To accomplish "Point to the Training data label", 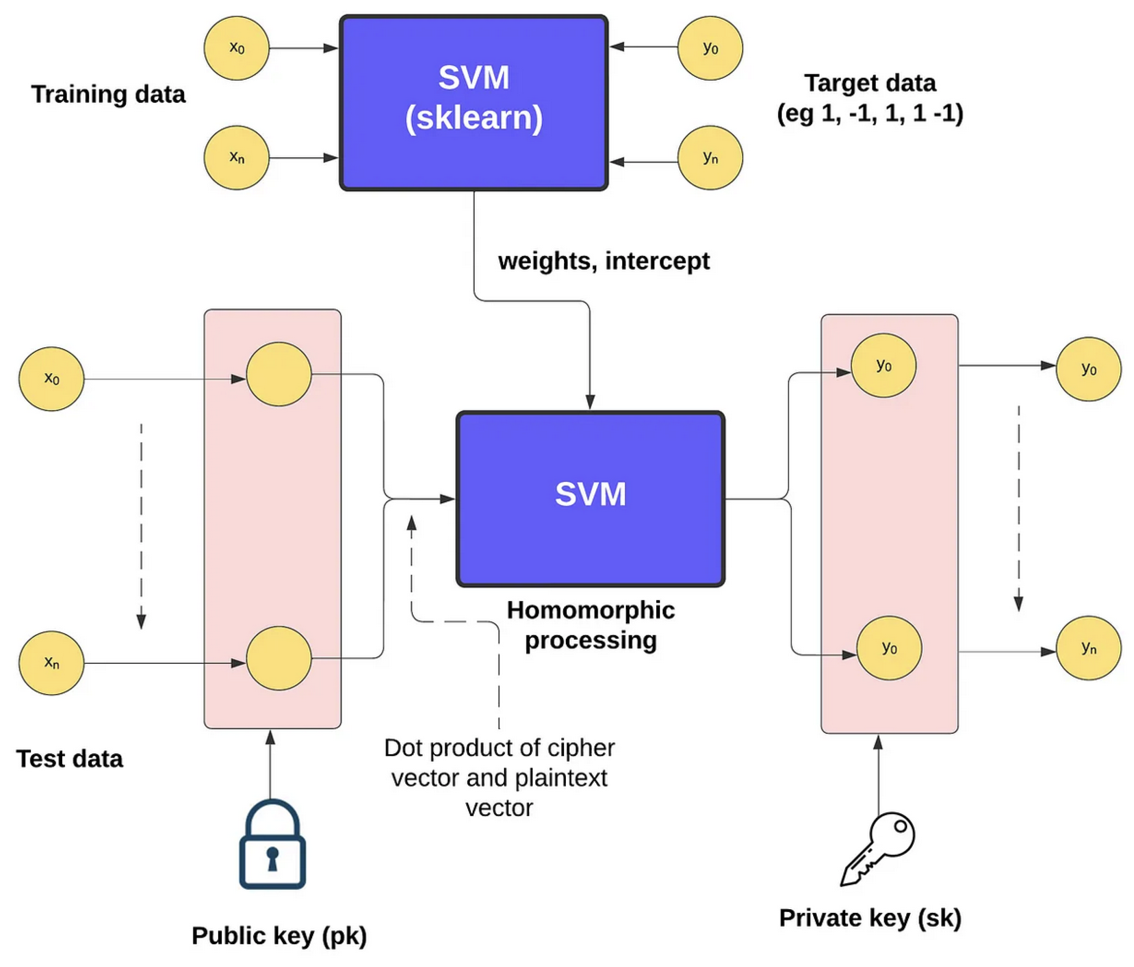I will [108, 94].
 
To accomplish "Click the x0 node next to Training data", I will [237, 48].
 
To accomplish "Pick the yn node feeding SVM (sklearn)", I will [710, 158].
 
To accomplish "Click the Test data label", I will [70, 759].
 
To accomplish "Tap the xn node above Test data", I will [51, 663].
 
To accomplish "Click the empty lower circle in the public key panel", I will [279, 658].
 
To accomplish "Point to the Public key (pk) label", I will [279, 935].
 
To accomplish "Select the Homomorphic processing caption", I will [591, 625].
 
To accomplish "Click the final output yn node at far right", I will [1088, 648].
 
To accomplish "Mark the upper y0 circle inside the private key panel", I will [883, 365].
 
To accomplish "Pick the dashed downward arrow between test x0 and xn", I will [141, 526].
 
